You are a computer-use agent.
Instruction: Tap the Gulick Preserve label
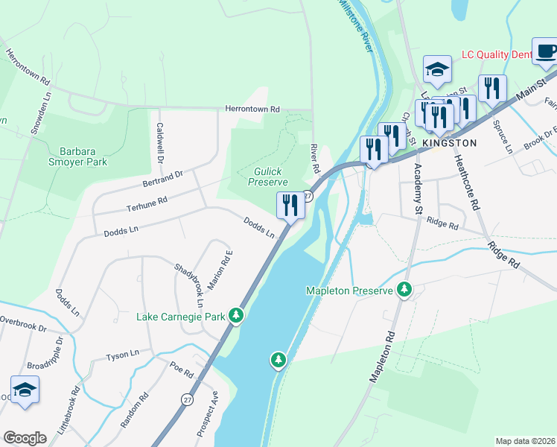[267, 177]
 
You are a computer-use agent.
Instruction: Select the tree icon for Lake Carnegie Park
[236, 316]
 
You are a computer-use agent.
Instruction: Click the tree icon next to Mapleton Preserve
[404, 289]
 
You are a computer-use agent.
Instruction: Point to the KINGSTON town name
[449, 142]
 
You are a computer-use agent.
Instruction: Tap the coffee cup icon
[546, 52]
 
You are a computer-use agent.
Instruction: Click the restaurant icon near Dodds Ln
[290, 205]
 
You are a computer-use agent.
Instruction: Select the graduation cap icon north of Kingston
[437, 71]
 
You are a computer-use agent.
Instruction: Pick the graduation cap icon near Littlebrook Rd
[25, 390]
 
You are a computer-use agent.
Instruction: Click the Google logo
[25, 437]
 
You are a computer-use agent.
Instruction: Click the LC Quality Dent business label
[496, 54]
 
